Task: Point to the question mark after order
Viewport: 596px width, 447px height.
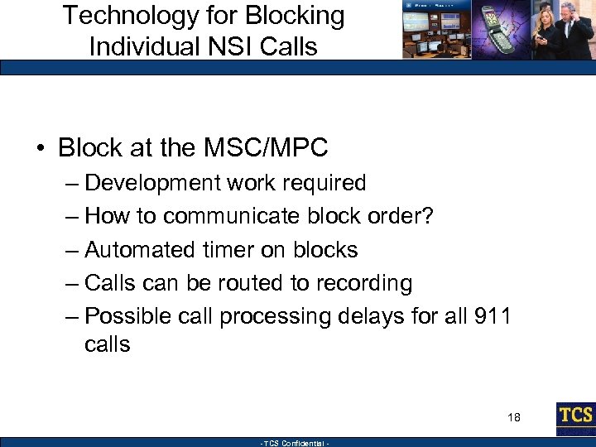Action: [428, 216]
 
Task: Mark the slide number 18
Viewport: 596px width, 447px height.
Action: [513, 418]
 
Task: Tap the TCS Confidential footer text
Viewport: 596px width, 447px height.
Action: [295, 443]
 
